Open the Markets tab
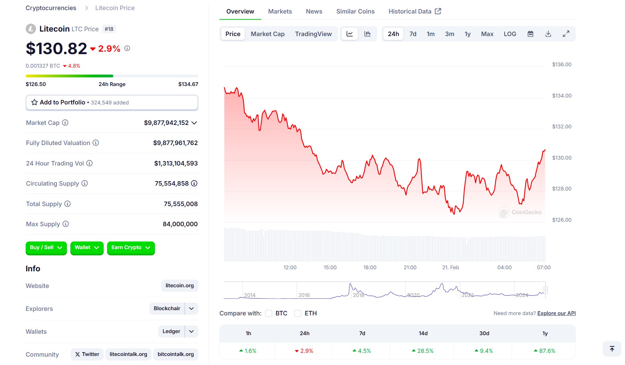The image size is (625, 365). [280, 11]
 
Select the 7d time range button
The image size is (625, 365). [413, 34]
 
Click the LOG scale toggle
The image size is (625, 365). [510, 34]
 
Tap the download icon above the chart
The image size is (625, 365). [548, 34]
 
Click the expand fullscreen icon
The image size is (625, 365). [566, 34]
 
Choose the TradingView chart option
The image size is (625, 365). [313, 34]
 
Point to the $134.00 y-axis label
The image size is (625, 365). [562, 96]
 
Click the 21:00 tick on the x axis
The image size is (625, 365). [410, 268]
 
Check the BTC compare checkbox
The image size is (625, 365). [269, 313]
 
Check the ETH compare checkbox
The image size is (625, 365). [298, 313]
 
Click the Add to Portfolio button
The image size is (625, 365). [112, 103]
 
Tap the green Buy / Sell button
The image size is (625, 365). [46, 248]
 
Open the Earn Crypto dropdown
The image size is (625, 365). [131, 248]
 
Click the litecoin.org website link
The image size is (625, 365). [180, 286]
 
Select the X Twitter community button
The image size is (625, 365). [87, 354]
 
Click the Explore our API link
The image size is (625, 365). [556, 313]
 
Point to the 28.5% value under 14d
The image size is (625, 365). [423, 351]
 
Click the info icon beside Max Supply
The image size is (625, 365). [66, 224]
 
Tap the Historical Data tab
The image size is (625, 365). [415, 11]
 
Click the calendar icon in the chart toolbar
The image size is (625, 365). [530, 34]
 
